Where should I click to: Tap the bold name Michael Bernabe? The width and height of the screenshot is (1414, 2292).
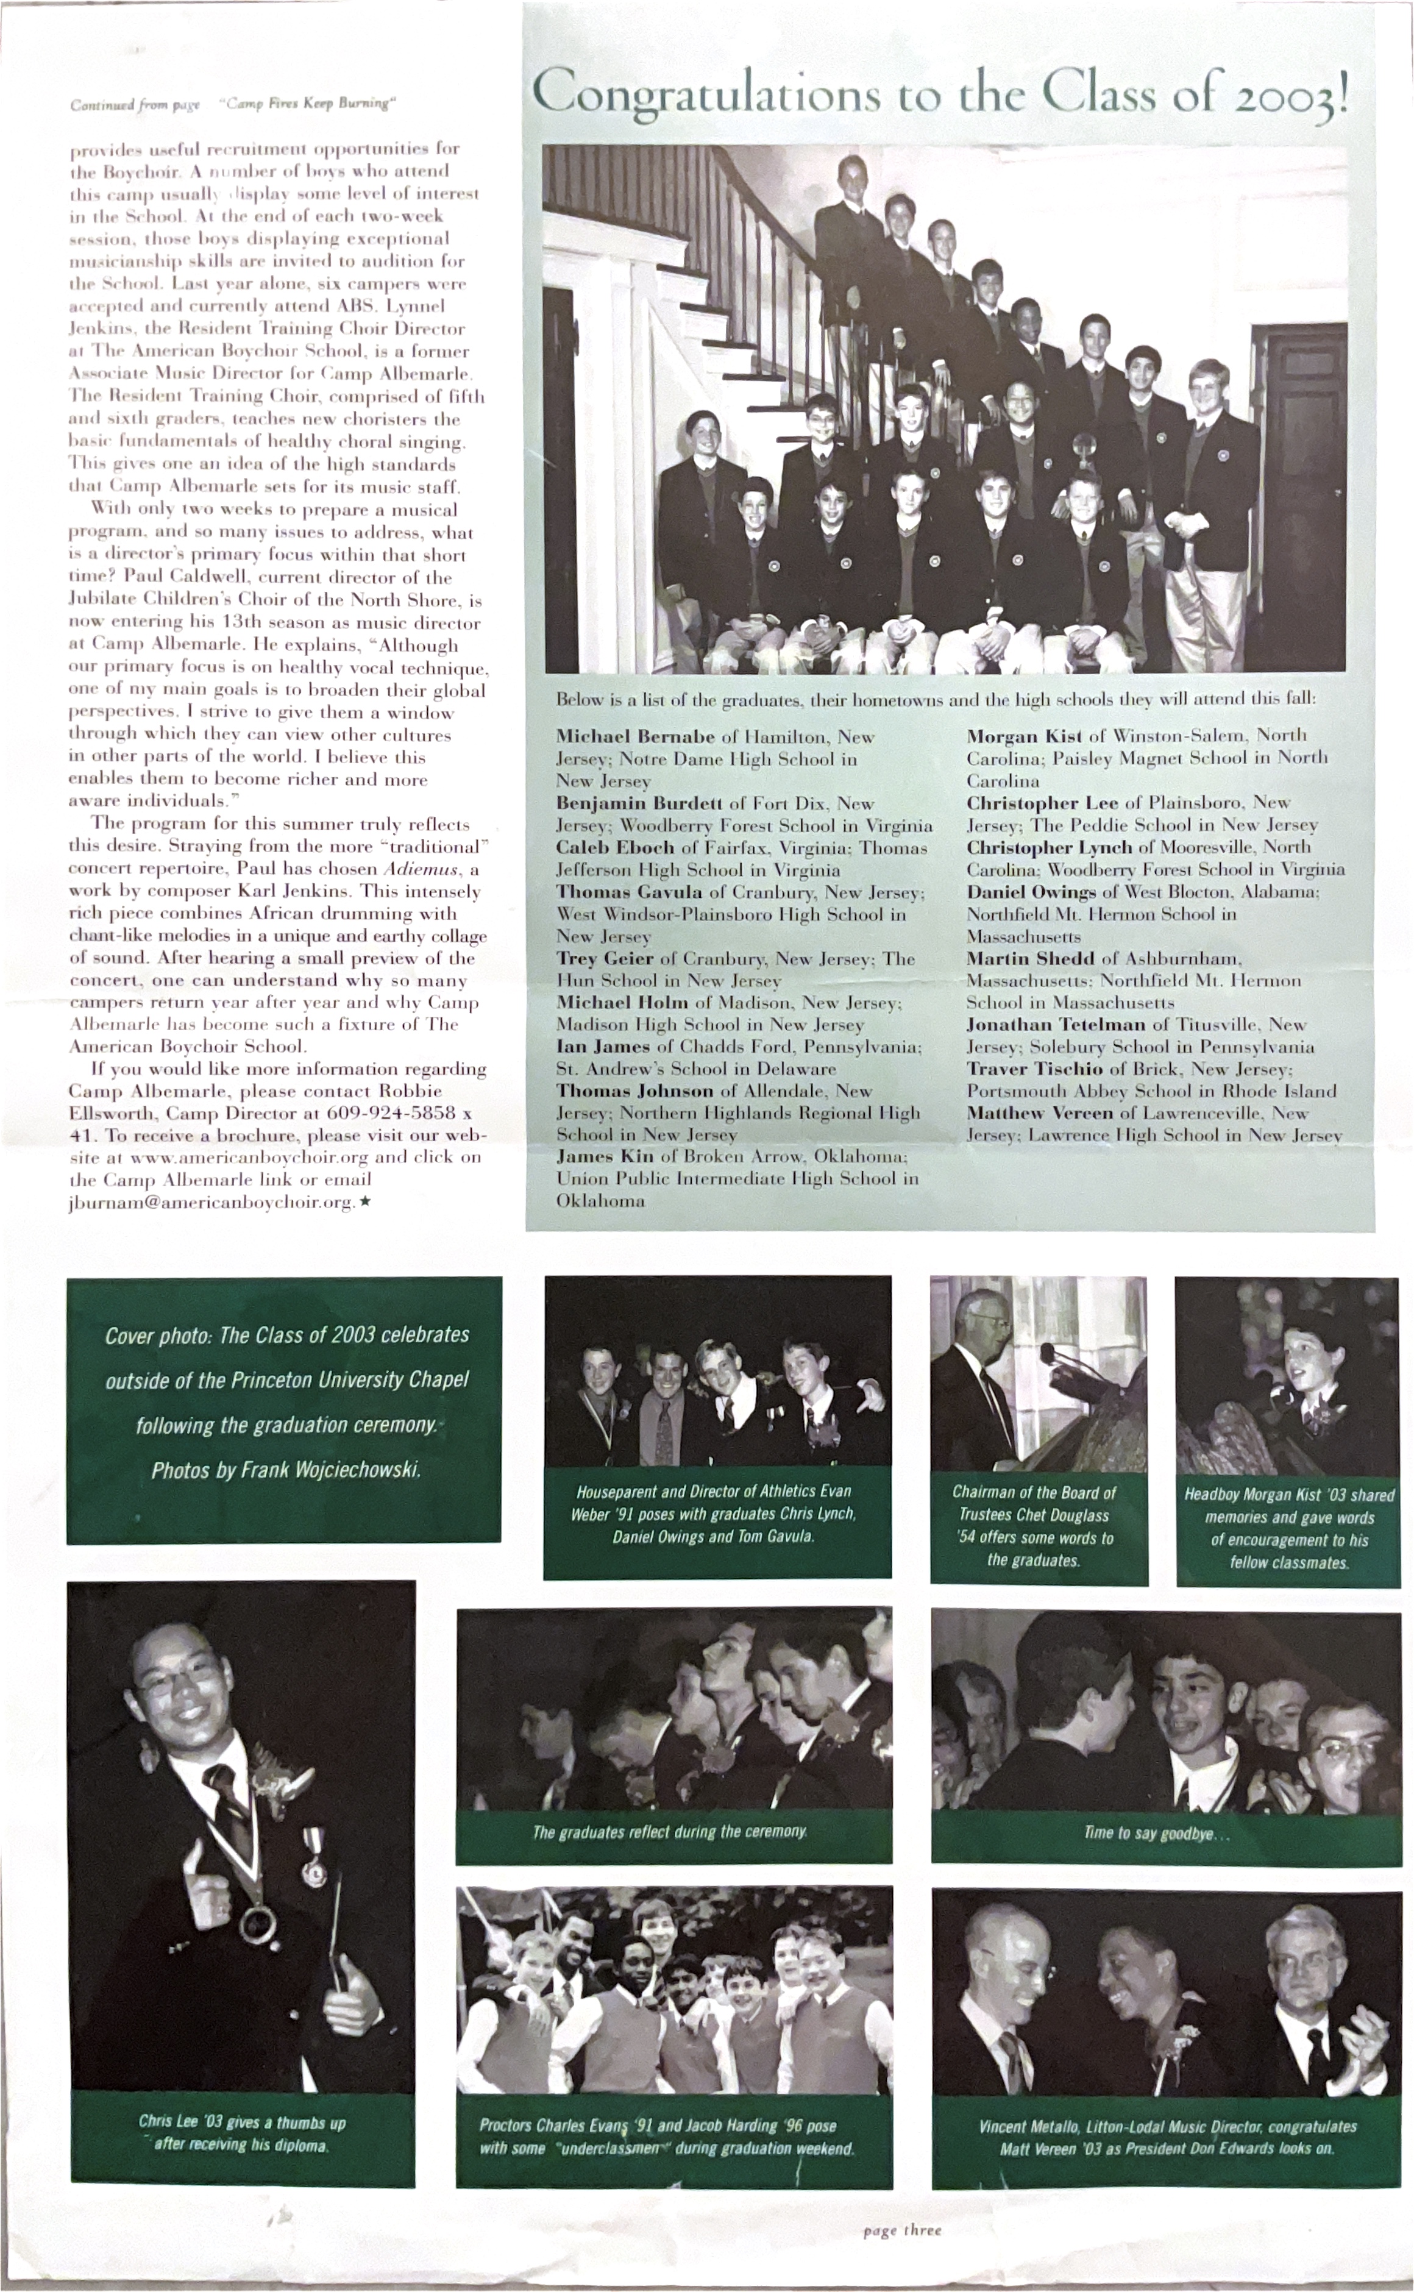(635, 737)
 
